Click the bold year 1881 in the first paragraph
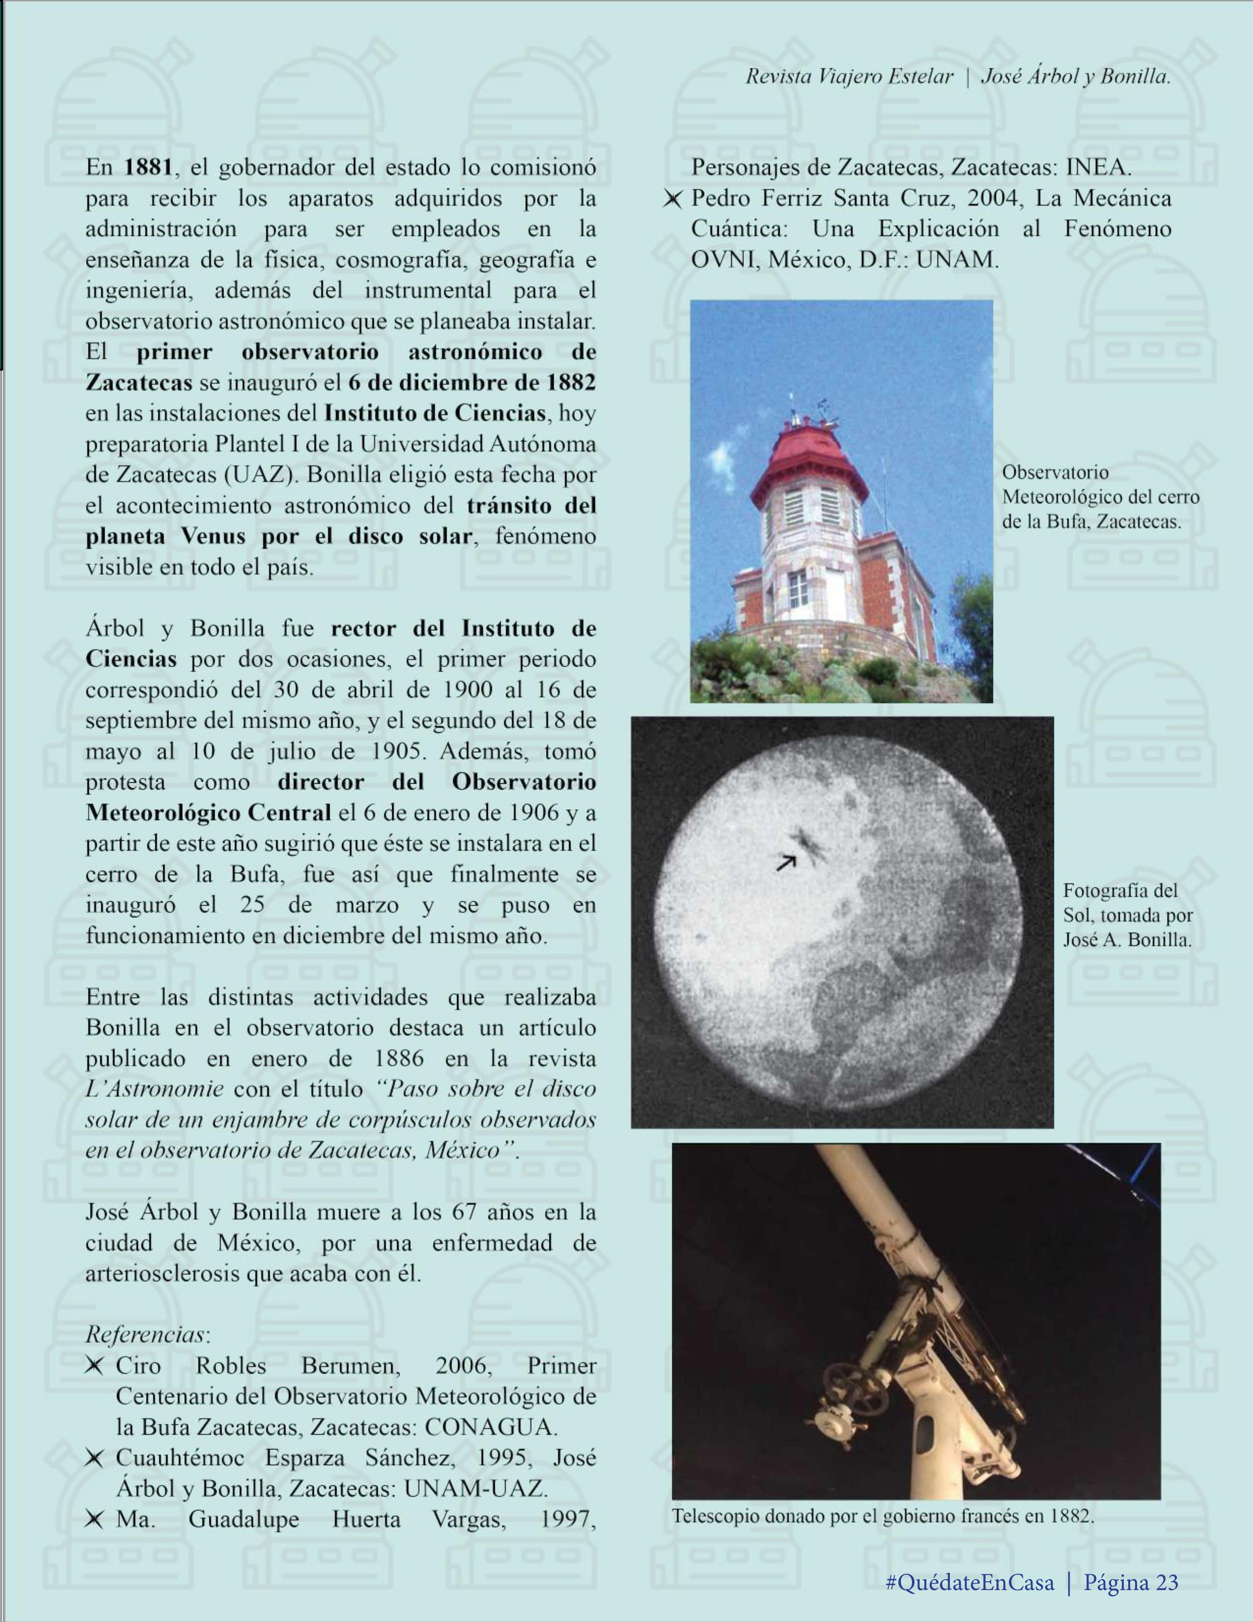[x=148, y=168]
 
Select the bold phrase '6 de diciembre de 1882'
[x=472, y=383]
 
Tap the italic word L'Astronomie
[x=154, y=1089]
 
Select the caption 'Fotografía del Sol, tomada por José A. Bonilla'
[x=1127, y=915]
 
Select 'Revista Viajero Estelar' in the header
[x=849, y=77]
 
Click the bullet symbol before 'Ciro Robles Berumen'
[x=94, y=1366]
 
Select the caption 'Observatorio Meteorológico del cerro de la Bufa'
[x=1100, y=497]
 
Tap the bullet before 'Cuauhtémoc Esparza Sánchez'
[x=94, y=1458]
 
